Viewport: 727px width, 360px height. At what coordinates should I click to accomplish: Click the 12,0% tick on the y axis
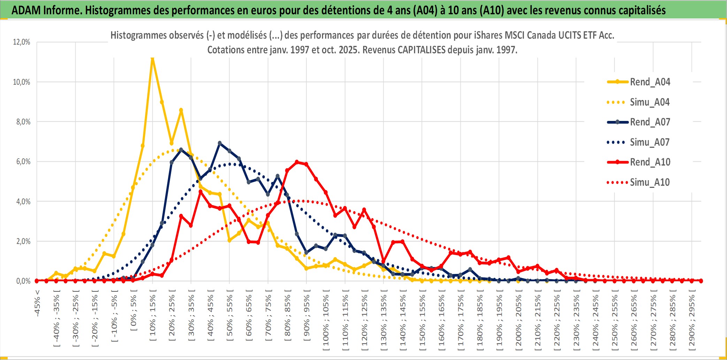[x=22, y=42]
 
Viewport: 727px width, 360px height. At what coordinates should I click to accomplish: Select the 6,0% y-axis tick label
[x=23, y=162]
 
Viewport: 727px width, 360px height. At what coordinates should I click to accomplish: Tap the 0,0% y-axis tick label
[x=23, y=281]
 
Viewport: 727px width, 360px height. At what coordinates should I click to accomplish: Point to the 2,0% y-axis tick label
[x=23, y=241]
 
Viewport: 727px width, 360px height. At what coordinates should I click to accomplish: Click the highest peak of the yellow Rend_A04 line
[x=152, y=59]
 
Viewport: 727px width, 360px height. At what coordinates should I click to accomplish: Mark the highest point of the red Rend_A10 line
[x=297, y=162]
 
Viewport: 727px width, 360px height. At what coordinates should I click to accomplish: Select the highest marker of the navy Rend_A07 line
[x=220, y=143]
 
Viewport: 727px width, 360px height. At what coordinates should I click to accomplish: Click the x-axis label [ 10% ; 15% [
[x=153, y=317]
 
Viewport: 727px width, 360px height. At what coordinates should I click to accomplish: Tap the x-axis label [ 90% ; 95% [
[x=307, y=317]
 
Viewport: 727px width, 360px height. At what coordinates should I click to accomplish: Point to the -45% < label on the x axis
[x=37, y=303]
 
